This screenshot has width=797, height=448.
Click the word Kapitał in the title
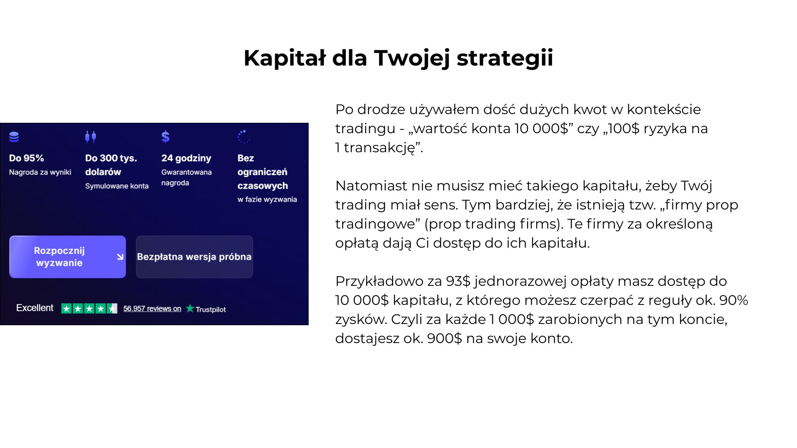coord(285,58)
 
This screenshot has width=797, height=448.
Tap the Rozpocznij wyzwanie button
coord(68,257)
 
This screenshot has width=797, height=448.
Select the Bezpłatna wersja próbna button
coord(194,257)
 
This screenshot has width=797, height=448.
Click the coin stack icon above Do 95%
coord(14,137)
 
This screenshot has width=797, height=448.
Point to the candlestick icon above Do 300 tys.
coord(90,136)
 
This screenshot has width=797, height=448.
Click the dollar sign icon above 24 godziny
coord(165,136)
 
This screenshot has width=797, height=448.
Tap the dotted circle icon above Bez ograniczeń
coord(244,136)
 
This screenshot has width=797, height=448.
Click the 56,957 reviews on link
coord(152,309)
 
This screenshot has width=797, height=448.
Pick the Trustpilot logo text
coord(206,309)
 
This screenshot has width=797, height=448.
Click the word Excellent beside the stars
coord(35,308)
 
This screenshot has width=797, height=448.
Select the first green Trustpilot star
coord(66,309)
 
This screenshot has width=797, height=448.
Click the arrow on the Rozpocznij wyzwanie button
coord(120,257)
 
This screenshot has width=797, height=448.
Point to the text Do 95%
coord(27,158)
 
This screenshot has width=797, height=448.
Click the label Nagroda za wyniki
coord(40,172)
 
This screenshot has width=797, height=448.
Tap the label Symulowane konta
coord(117,186)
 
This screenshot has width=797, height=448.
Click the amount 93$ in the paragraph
coord(458,281)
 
